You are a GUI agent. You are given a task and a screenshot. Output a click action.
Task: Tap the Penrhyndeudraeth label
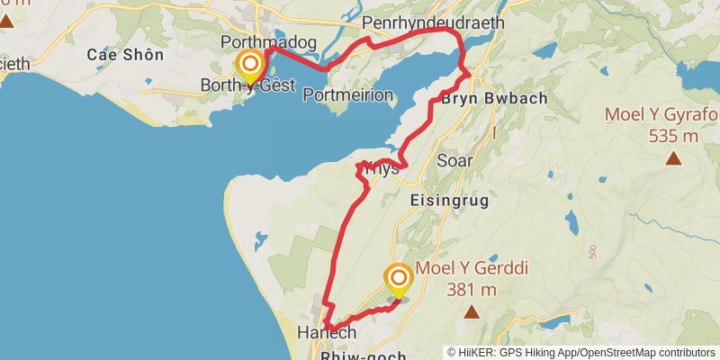[433, 22]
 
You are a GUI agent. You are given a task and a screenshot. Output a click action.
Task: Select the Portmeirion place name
[348, 95]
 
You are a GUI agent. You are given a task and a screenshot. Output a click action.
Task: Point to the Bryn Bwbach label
[494, 98]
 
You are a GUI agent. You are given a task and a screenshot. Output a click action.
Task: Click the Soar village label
[453, 161]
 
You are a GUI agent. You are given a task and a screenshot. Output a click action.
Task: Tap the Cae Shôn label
[125, 55]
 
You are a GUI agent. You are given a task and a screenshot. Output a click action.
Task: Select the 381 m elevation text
[471, 289]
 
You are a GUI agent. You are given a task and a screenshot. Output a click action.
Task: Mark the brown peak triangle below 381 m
[471, 312]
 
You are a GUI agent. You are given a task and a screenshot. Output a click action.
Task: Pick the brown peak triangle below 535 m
[673, 159]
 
